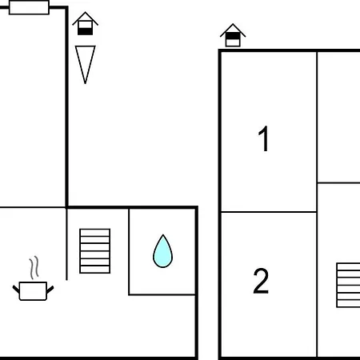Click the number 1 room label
pos(263,138)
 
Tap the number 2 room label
pos(261,281)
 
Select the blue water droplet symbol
pos(162,252)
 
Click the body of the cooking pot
pos(33,291)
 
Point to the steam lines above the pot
pos(34,267)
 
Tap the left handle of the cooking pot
pos(16,289)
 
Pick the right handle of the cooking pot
pos(50,290)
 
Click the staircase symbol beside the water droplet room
pos(95,251)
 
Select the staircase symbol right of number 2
pos(348,285)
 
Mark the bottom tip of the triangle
pos(86,84)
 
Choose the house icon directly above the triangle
pos(86,23)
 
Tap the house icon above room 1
pos(233,35)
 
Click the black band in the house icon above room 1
pos(233,36)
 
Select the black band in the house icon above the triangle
pos(86,31)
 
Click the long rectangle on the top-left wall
pos(29,7)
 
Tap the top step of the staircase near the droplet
pos(95,233)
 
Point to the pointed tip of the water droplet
pos(163,235)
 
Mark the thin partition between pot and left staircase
pos(66,244)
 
